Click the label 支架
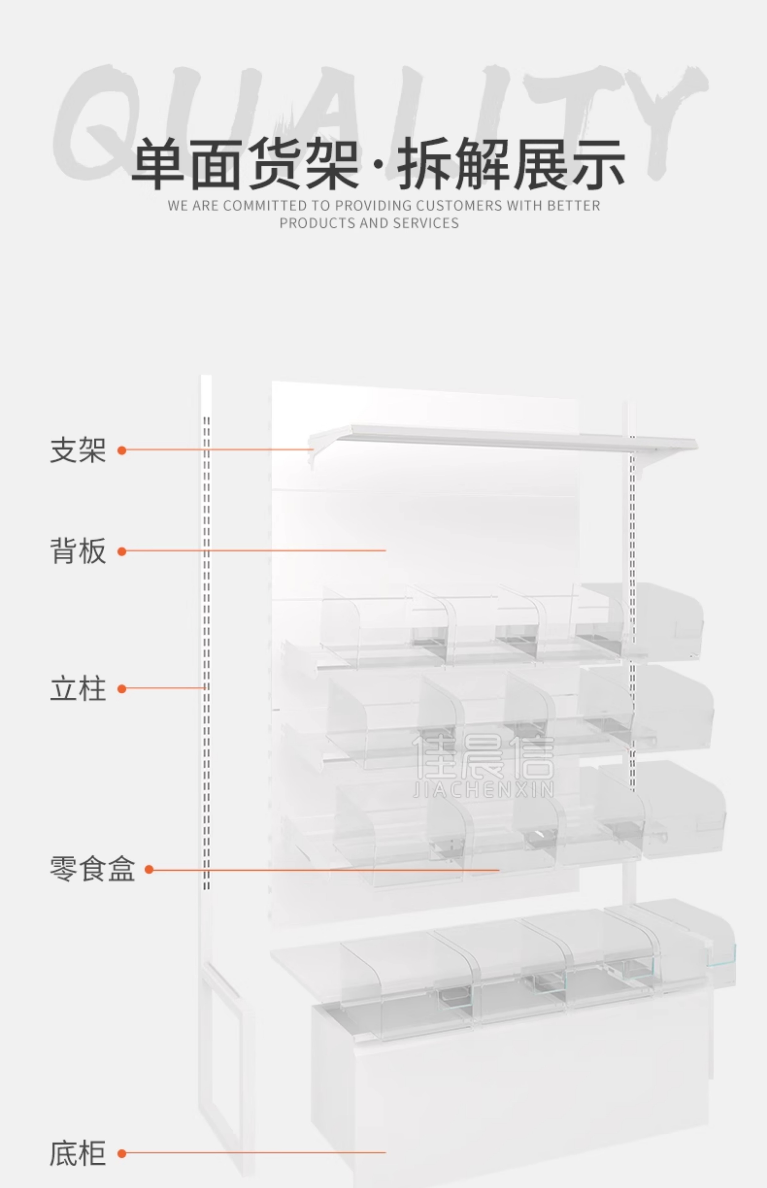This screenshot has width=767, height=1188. [x=78, y=450]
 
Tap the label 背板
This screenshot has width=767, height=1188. [x=78, y=551]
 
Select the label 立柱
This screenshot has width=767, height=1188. [x=78, y=689]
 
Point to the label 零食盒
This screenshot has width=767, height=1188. [x=92, y=869]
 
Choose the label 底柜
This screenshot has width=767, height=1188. [x=78, y=1153]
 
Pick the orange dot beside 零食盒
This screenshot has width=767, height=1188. [x=149, y=869]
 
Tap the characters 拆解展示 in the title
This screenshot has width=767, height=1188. [x=511, y=164]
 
